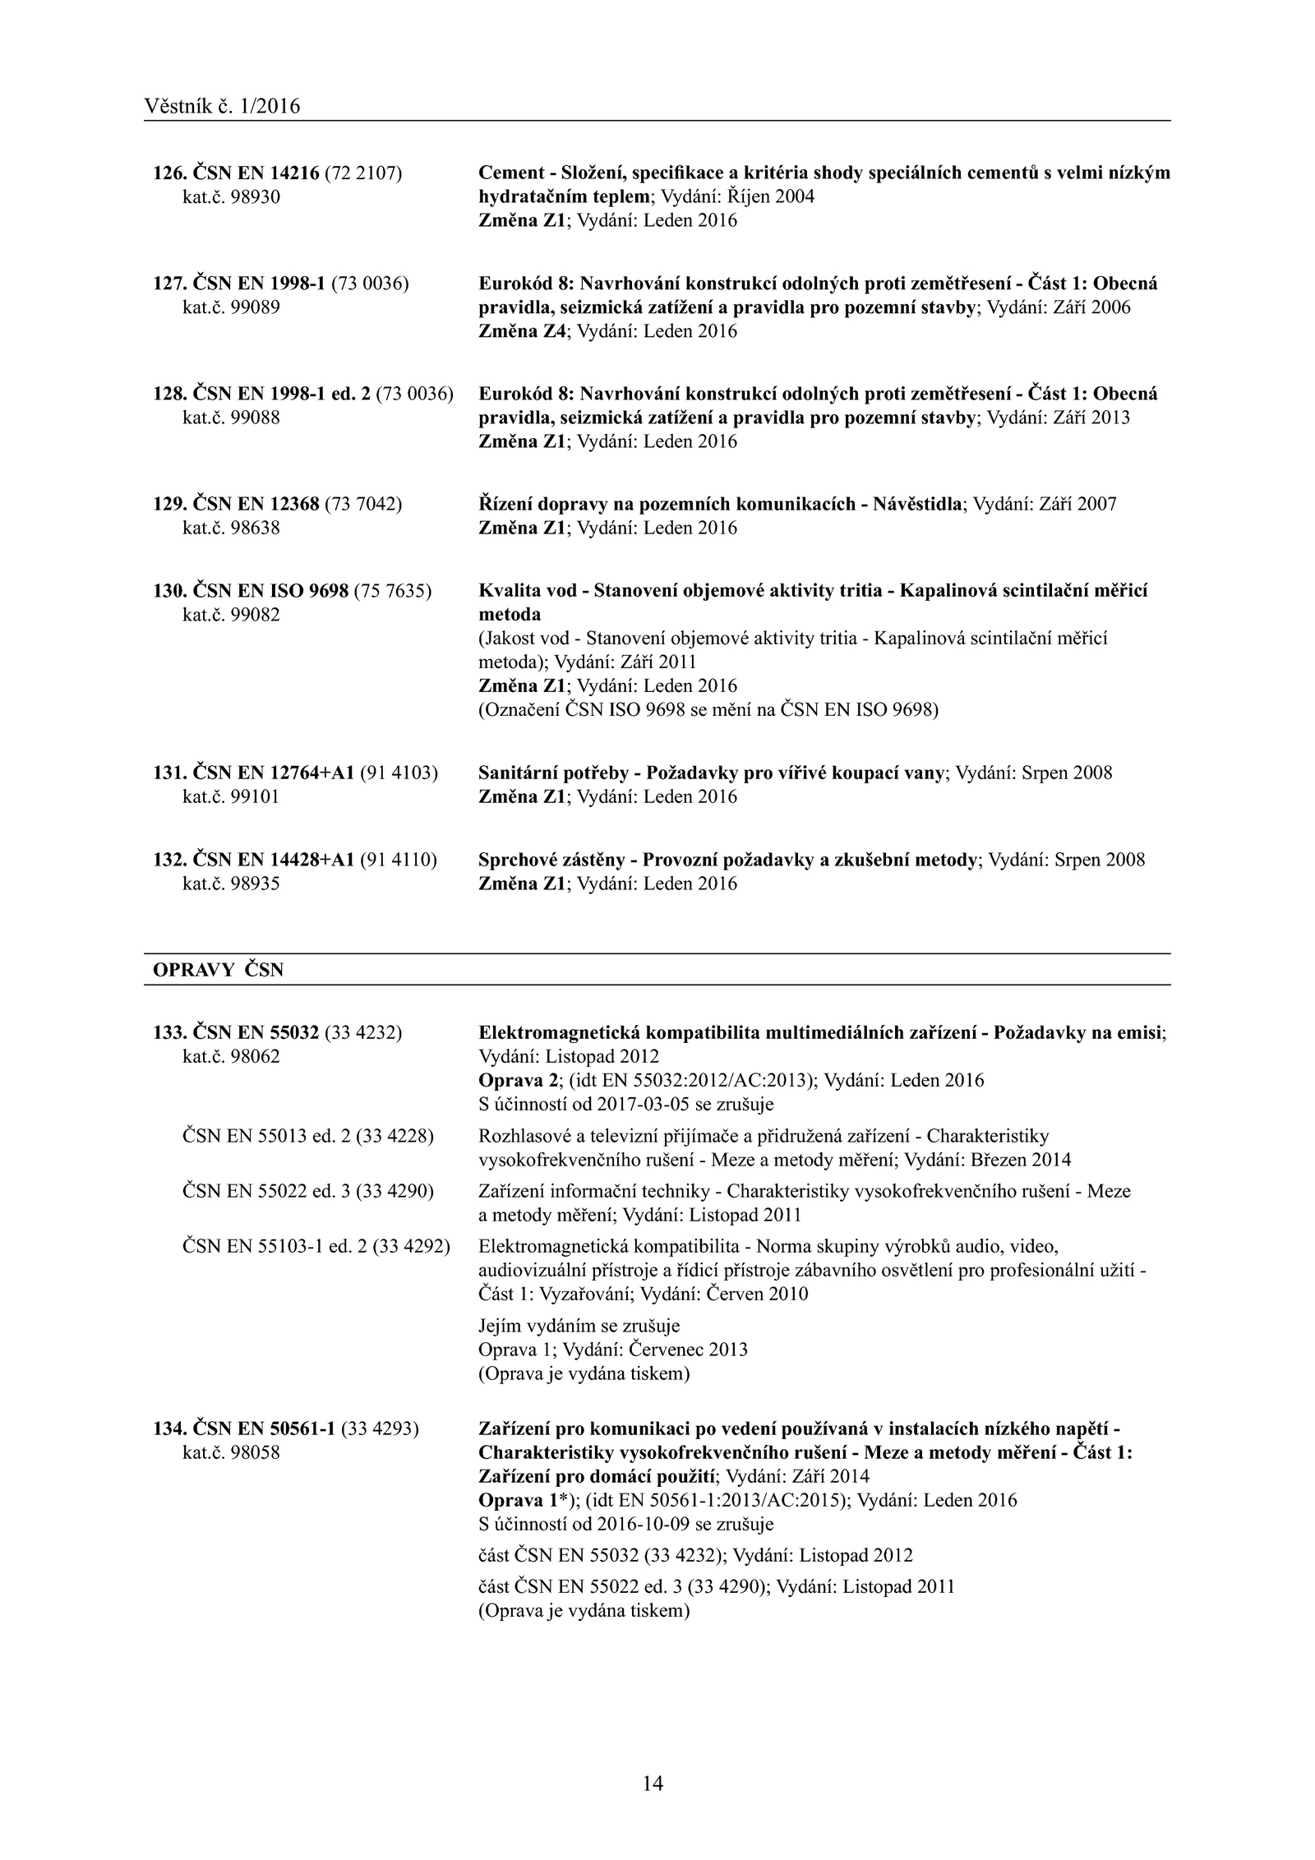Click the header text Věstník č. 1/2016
point(222,106)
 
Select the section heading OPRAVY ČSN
point(218,970)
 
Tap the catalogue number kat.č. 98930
point(231,197)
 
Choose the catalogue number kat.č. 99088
point(231,418)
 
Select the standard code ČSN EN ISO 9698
point(270,591)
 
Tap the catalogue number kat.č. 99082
point(231,614)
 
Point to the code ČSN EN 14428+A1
point(273,860)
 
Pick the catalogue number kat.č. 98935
point(231,884)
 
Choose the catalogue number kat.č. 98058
point(231,1452)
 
